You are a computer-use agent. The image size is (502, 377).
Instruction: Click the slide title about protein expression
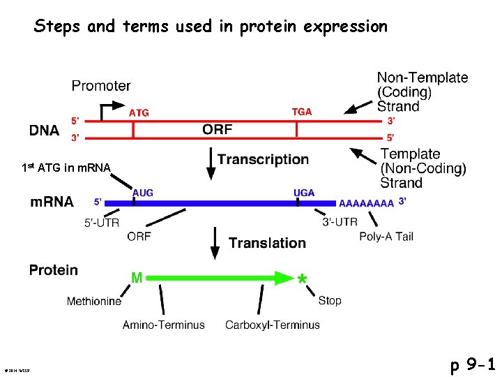pyautogui.click(x=211, y=27)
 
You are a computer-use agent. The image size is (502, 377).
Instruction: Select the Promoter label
pyautogui.click(x=101, y=86)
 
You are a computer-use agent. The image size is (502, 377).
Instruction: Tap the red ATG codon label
pyautogui.click(x=139, y=112)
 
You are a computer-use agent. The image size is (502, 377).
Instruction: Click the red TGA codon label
pyautogui.click(x=301, y=112)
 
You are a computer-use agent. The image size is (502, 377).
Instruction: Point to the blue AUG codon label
pyautogui.click(x=142, y=193)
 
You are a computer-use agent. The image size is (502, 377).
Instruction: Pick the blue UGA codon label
pyautogui.click(x=304, y=193)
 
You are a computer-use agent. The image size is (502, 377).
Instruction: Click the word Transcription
pyautogui.click(x=263, y=159)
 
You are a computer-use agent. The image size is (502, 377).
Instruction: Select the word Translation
pyautogui.click(x=267, y=243)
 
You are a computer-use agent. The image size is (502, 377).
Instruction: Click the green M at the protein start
pyautogui.click(x=137, y=278)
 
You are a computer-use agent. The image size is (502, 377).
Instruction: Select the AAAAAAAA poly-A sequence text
pyautogui.click(x=366, y=203)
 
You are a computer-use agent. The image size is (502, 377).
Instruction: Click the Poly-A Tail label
pyautogui.click(x=386, y=236)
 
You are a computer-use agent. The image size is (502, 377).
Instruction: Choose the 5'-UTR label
pyautogui.click(x=102, y=223)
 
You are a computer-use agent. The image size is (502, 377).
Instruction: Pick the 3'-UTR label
pyautogui.click(x=340, y=222)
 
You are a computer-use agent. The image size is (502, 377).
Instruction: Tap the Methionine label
pyautogui.click(x=93, y=302)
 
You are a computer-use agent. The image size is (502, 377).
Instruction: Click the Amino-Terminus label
pyautogui.click(x=164, y=325)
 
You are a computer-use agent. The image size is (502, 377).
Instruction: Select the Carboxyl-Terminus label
pyautogui.click(x=273, y=325)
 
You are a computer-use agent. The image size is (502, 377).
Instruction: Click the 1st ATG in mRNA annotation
pyautogui.click(x=66, y=168)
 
